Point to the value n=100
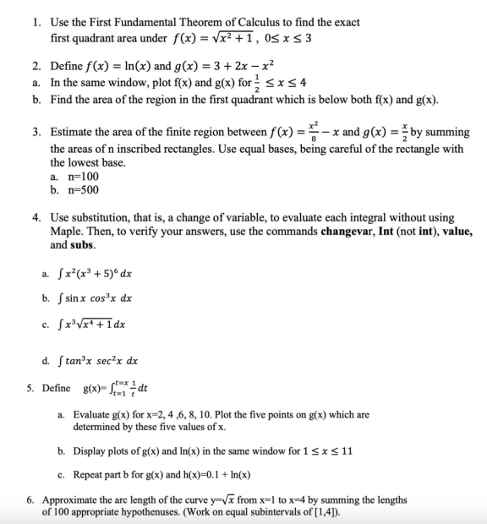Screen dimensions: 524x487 pyautogui.click(x=75, y=177)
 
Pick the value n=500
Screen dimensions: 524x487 pyautogui.click(x=75, y=189)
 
